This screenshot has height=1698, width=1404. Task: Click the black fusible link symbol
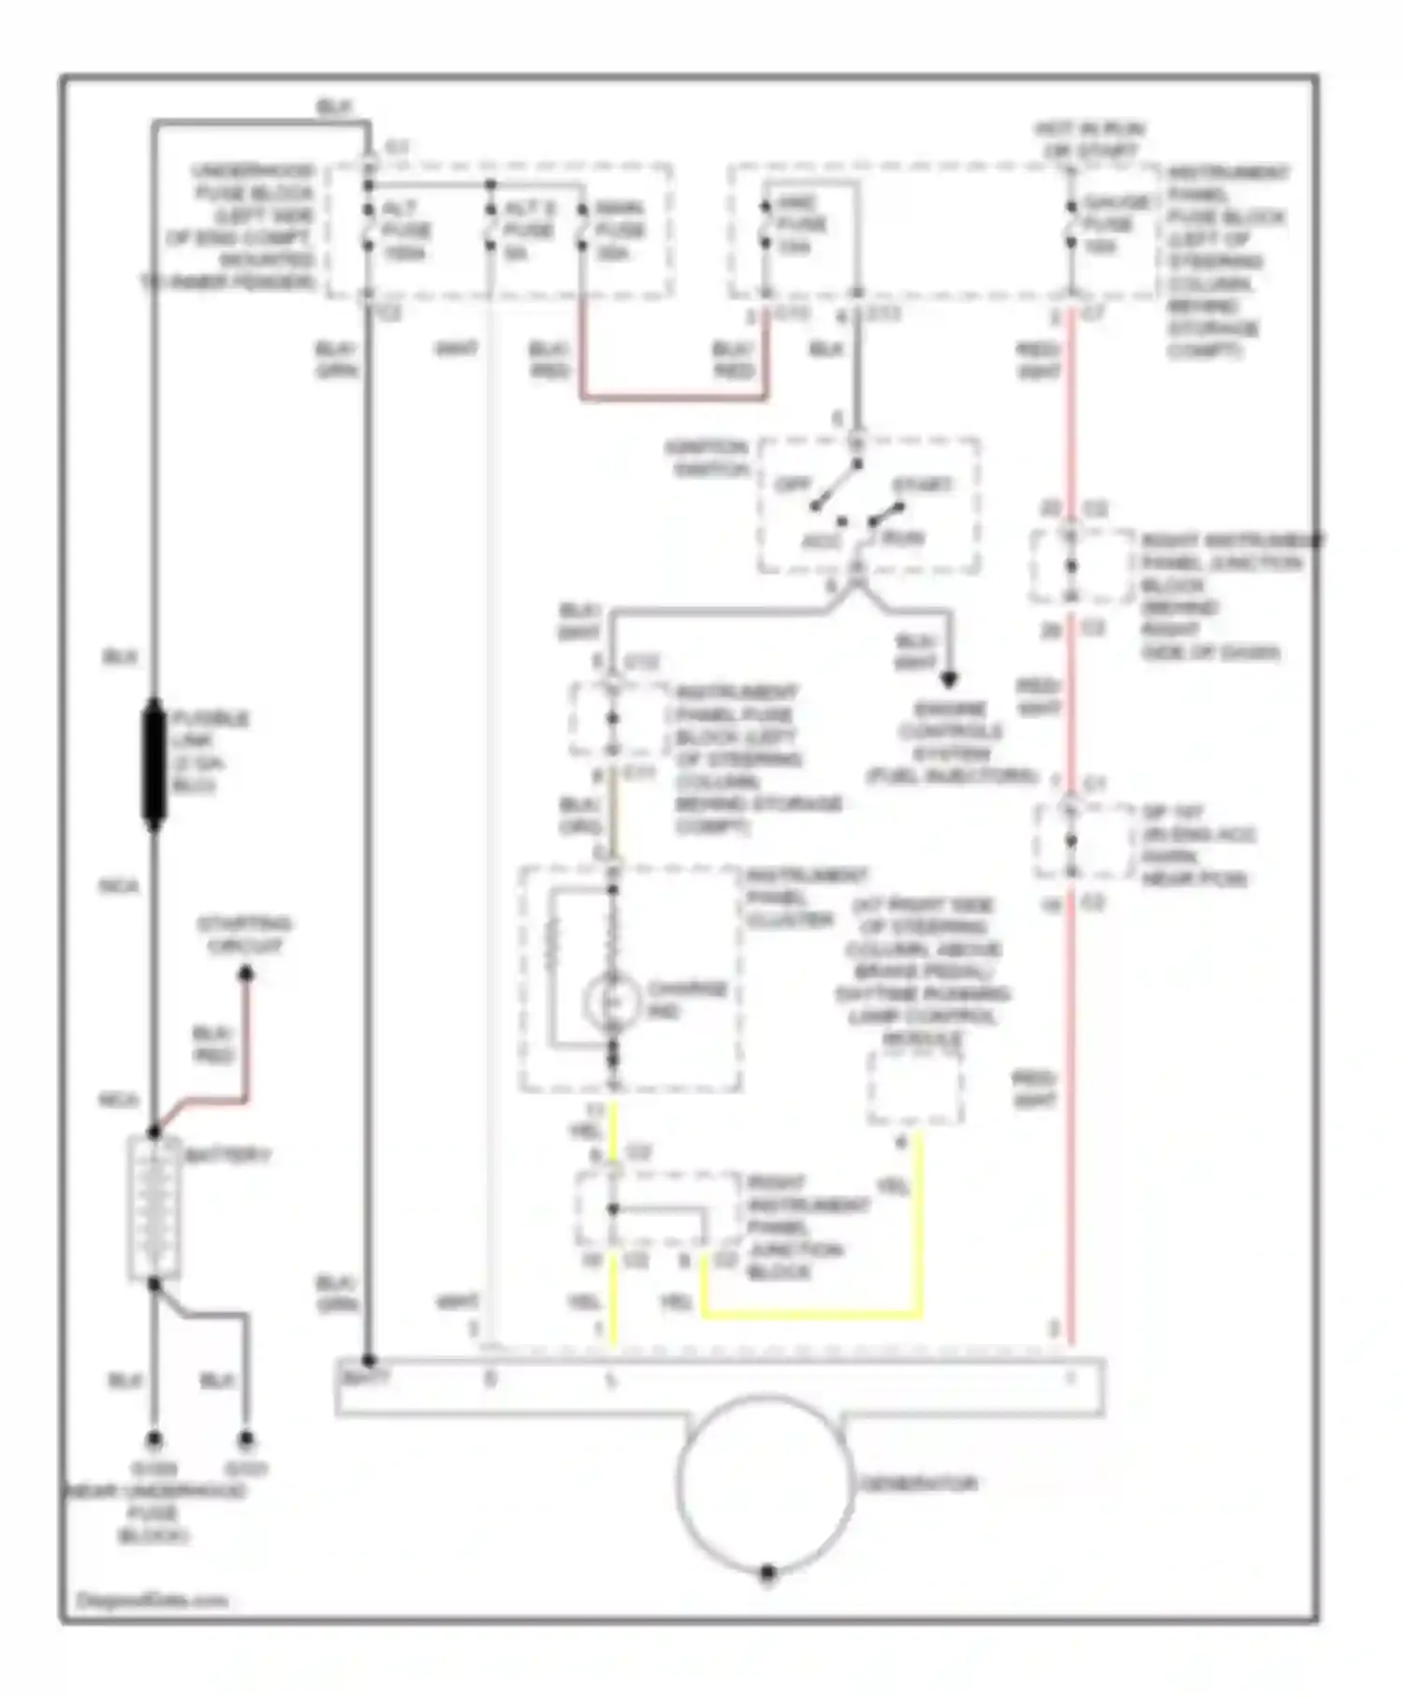click(154, 764)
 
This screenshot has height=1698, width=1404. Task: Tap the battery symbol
click(154, 1208)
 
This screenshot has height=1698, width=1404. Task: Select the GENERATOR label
click(918, 1484)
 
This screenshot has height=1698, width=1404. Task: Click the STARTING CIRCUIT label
click(244, 934)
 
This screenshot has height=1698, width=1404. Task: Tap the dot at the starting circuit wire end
click(245, 974)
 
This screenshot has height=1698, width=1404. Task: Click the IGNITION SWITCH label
click(708, 458)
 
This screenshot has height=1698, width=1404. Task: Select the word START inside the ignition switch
click(922, 485)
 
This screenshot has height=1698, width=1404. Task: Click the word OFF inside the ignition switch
click(794, 485)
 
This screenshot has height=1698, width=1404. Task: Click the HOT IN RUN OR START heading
click(1089, 139)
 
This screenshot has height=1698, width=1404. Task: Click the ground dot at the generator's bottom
click(767, 1573)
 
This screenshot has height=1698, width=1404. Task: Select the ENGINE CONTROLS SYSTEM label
click(951, 742)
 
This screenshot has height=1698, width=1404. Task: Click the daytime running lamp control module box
click(914, 1087)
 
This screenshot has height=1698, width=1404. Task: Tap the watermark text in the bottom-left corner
click(151, 1600)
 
